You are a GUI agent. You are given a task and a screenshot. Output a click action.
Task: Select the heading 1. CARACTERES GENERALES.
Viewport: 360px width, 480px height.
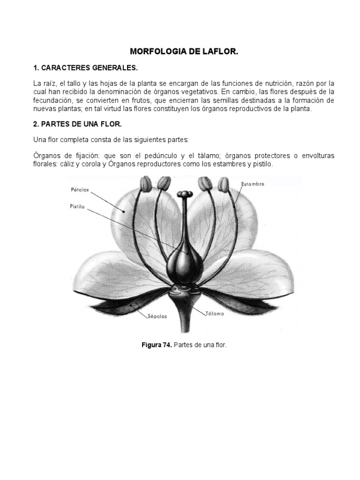86,68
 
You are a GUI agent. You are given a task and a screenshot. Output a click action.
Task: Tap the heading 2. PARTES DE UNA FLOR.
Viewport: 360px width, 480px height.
78,124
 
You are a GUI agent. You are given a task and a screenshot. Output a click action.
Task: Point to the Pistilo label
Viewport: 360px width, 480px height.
77,207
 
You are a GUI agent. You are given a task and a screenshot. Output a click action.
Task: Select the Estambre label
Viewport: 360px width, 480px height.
253,184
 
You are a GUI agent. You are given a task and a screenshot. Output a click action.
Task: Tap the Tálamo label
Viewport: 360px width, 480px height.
215,314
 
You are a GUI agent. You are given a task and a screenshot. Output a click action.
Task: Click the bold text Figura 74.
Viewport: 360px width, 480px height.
157,345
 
